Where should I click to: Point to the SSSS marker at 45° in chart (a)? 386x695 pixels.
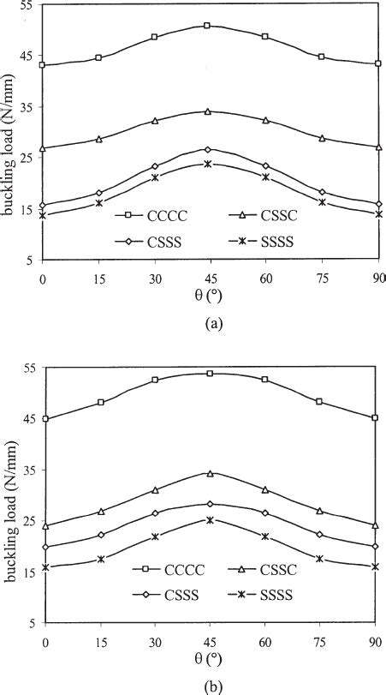207,163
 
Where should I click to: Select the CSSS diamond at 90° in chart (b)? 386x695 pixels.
375,546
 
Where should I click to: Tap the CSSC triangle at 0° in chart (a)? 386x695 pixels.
42,147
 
